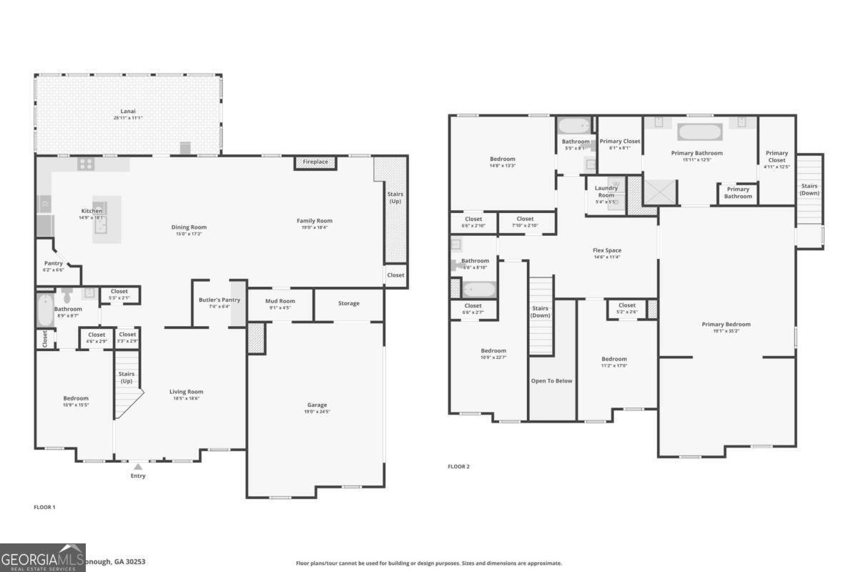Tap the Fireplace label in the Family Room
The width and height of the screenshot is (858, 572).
pos(315,162)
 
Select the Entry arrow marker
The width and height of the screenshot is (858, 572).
pos(138,467)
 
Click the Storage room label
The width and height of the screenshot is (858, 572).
pos(349,303)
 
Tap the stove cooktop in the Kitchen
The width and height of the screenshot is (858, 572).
pos(86,164)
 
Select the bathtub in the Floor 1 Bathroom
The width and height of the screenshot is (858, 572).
pos(44,310)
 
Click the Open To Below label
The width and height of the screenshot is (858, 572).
pos(551,381)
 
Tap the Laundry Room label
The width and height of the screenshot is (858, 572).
pos(606,192)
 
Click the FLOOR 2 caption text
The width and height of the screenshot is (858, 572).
pos(458,467)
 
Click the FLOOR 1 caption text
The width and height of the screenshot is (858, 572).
pos(44,507)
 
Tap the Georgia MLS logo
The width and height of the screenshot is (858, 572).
pos(43,558)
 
